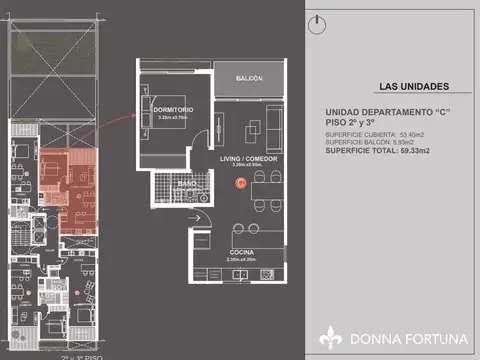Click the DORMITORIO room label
point(173,108)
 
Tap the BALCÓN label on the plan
point(250,78)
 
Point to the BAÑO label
point(187,184)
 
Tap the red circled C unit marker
point(239,182)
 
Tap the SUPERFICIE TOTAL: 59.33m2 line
point(384,151)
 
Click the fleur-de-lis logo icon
point(331,339)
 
